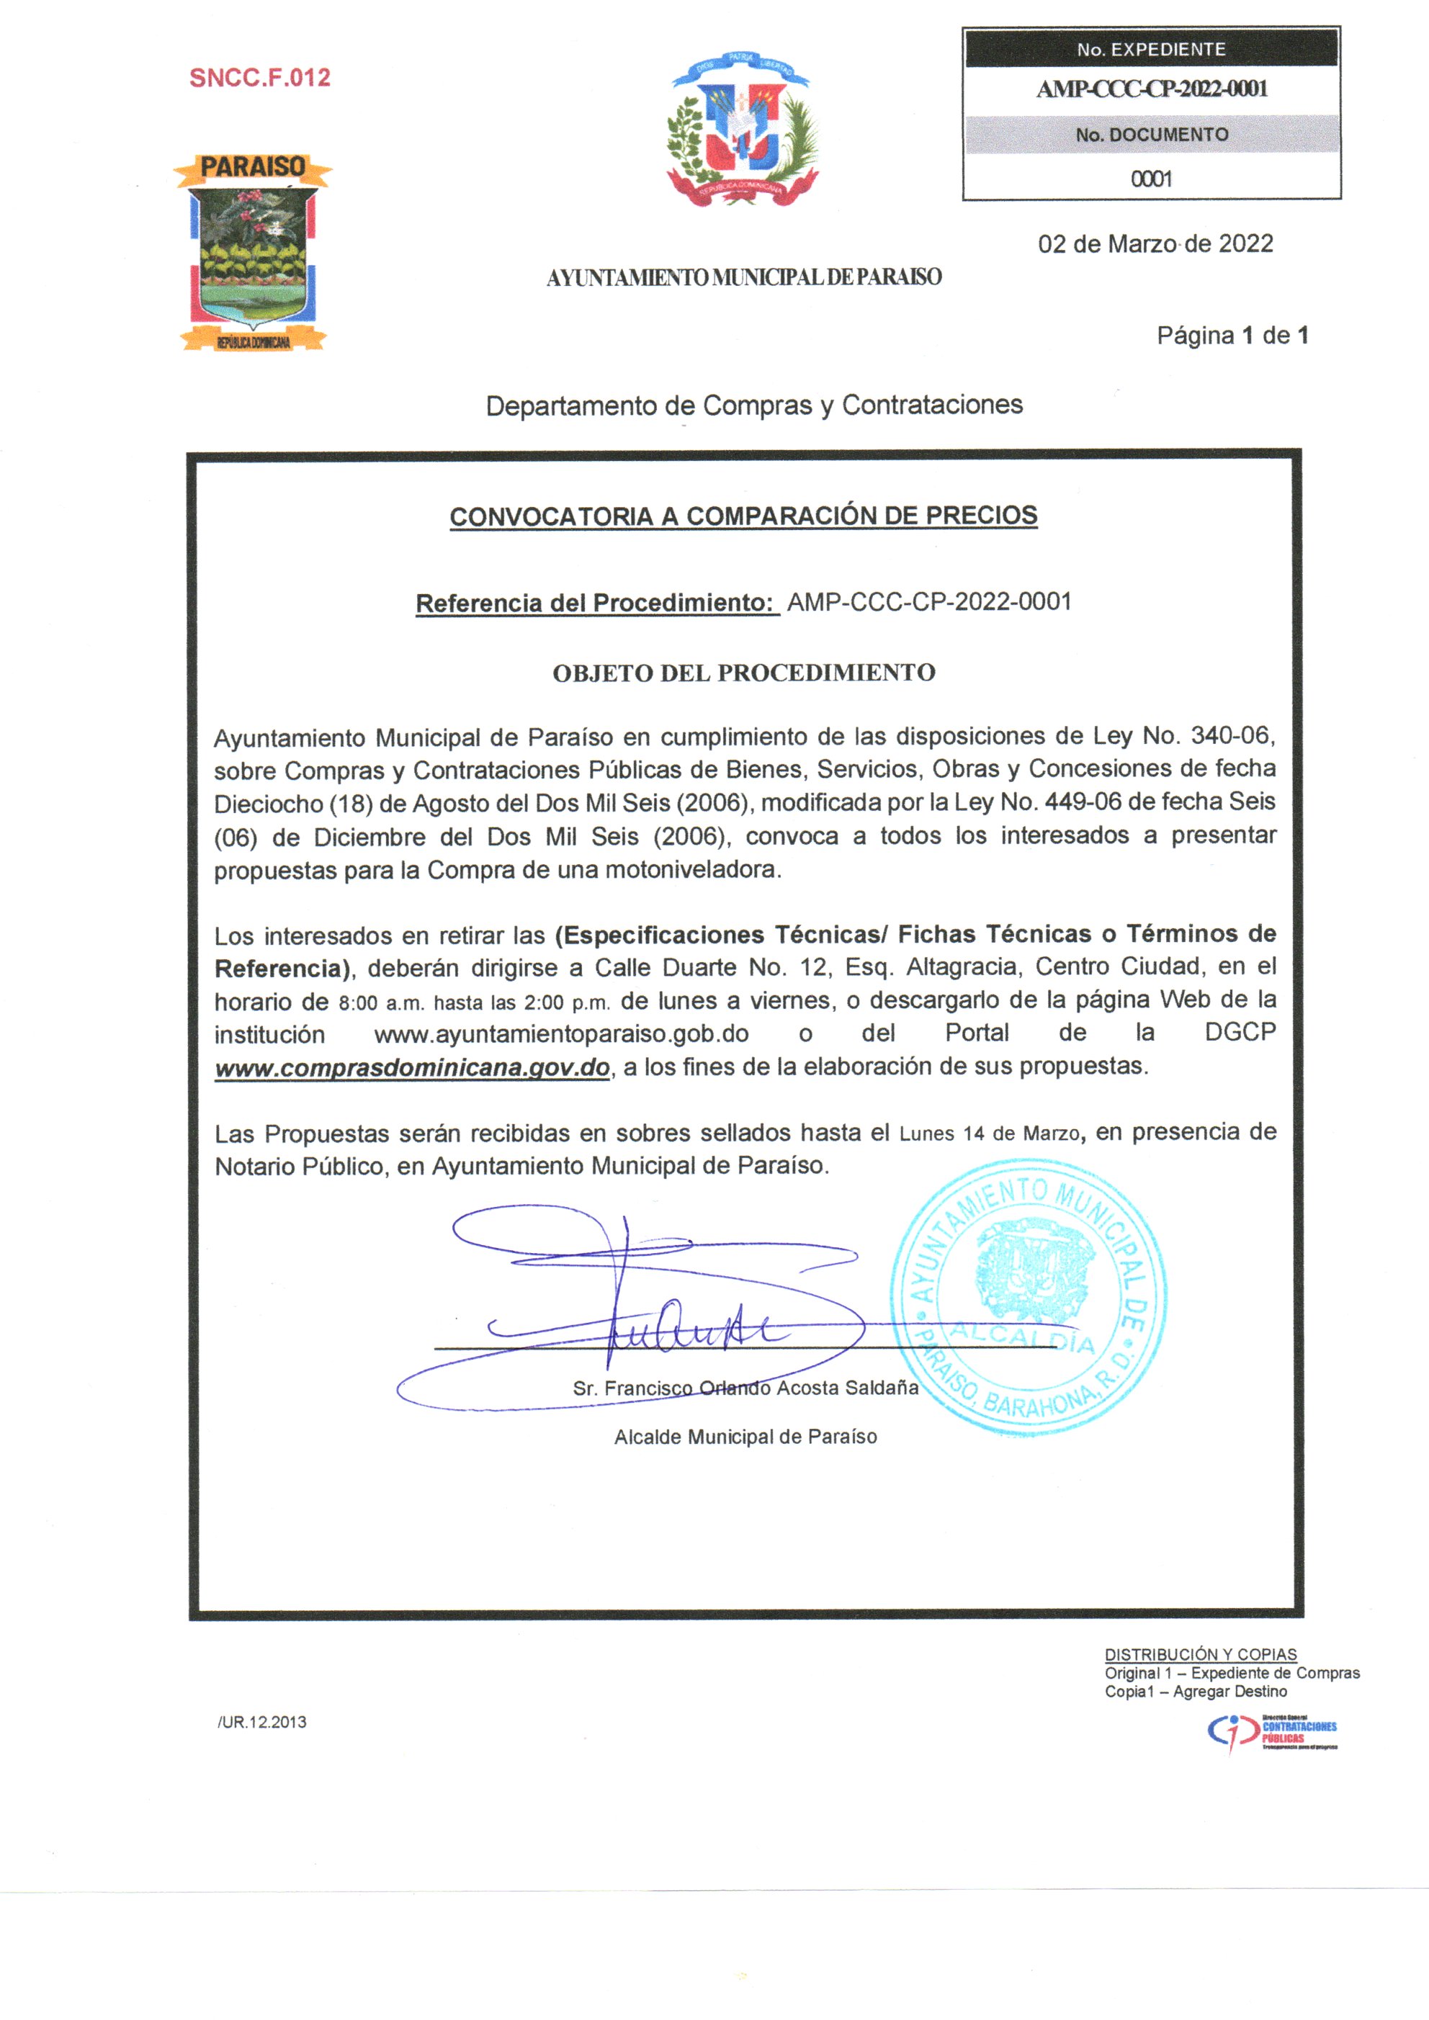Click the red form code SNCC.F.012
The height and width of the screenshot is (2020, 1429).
[x=259, y=78]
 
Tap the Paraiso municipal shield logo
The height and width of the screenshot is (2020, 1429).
[x=254, y=253]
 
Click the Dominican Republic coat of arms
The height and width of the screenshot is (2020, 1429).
[x=742, y=128]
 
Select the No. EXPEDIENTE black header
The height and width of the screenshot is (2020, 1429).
[x=1151, y=49]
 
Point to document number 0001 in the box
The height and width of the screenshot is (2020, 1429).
[x=1151, y=179]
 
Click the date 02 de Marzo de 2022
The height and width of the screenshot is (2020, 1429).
[x=1155, y=243]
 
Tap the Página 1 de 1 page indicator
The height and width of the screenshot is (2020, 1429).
[x=1232, y=335]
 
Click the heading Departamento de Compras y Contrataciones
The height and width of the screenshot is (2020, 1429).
[x=754, y=405]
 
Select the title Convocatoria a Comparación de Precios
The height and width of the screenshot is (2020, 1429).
[x=743, y=516]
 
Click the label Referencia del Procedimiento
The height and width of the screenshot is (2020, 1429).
[x=596, y=603]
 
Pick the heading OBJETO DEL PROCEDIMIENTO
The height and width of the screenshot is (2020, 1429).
[x=743, y=673]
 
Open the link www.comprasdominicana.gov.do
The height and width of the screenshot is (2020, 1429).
[x=412, y=1068]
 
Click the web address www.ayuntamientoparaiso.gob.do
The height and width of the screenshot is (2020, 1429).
[x=561, y=1033]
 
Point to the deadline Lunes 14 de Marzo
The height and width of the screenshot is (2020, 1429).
[x=989, y=1134]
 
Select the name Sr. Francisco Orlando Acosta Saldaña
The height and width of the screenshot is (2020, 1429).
[x=745, y=1388]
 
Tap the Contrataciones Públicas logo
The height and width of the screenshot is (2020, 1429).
[x=1271, y=1733]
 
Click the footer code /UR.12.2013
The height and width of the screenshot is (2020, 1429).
[x=262, y=1722]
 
